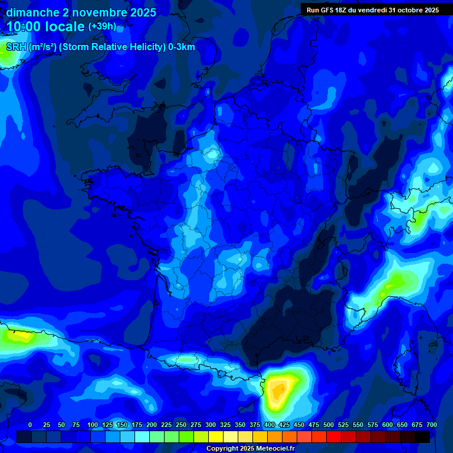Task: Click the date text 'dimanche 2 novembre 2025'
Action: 81,12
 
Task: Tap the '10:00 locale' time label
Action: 45,27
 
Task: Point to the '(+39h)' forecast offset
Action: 103,27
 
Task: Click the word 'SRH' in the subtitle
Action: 17,47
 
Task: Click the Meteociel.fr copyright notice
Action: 250,449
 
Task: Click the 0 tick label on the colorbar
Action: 30,425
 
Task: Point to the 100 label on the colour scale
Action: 93,425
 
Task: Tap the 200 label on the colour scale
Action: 152,425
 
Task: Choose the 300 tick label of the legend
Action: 211,425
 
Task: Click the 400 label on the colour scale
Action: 270,425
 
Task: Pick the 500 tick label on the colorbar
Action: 329,425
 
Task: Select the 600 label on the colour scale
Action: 388,425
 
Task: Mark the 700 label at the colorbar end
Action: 431,425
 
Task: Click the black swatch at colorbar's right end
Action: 422,436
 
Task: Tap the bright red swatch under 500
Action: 334,436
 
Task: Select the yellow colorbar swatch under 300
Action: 216,436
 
